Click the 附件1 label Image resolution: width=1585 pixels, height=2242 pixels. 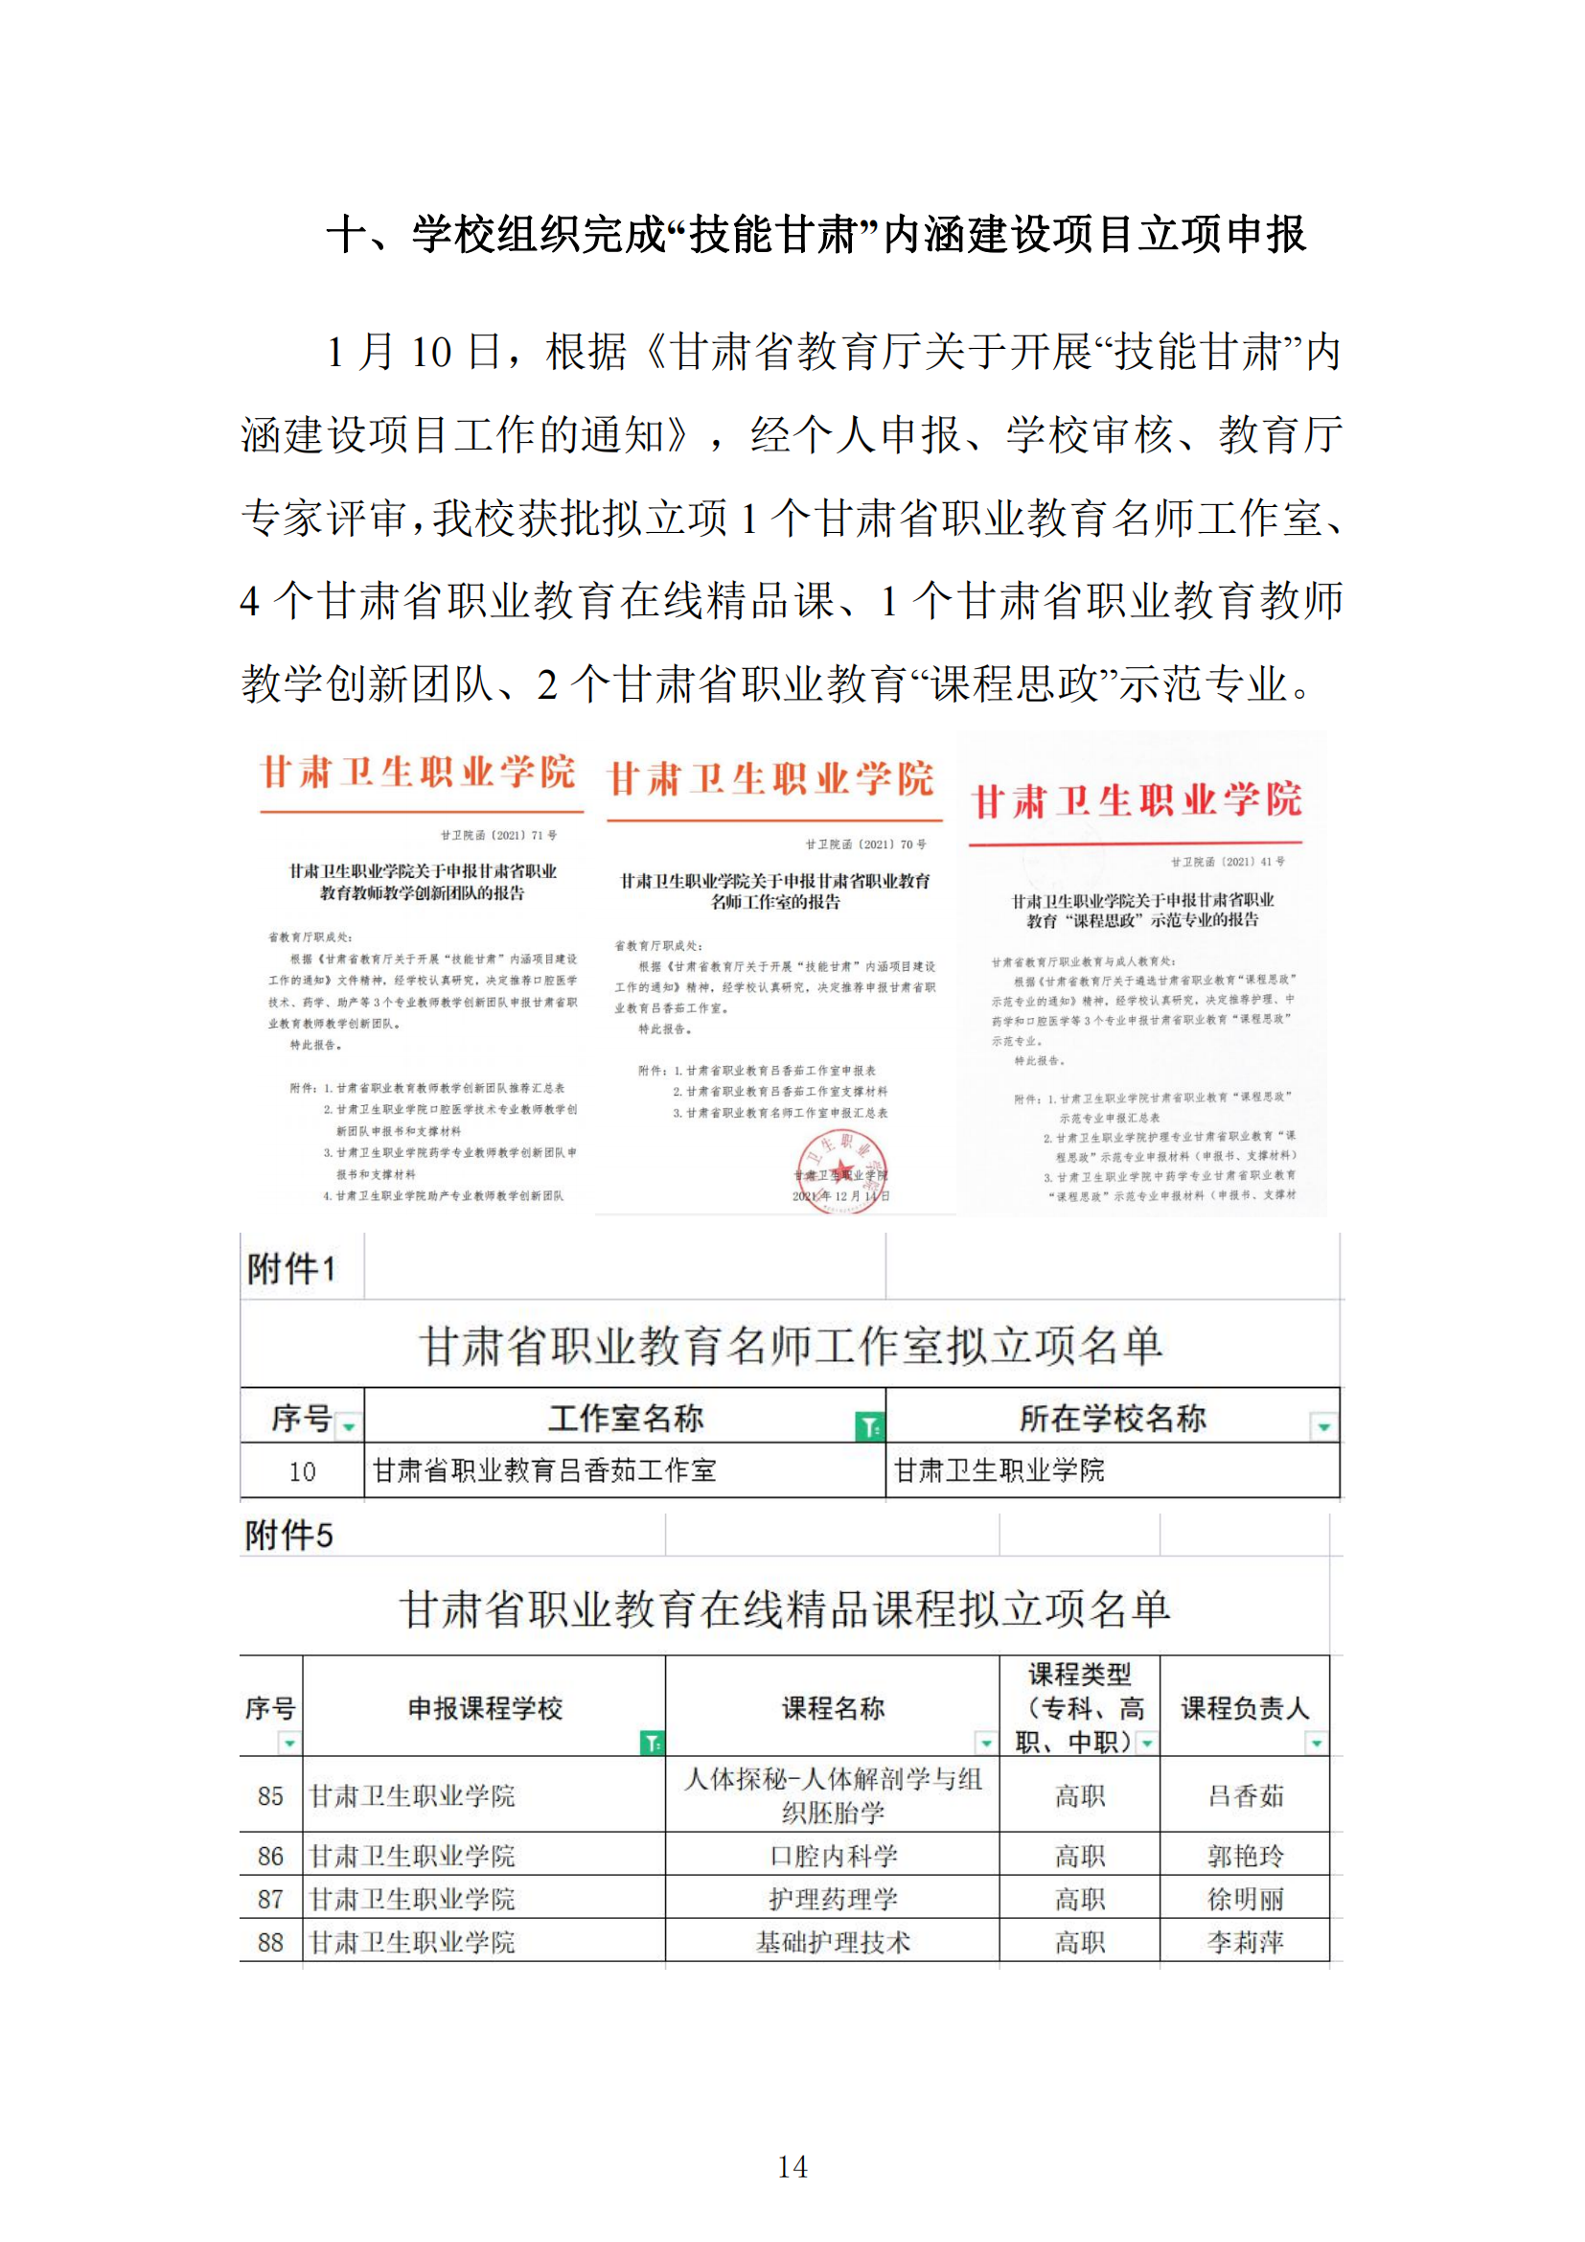click(x=291, y=1269)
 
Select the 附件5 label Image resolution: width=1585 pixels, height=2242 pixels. click(x=288, y=1536)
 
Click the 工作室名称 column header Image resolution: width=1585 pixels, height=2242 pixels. click(x=625, y=1418)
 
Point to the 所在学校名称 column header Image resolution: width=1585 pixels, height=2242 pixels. click(x=1112, y=1418)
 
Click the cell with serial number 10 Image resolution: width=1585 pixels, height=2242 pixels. click(x=303, y=1471)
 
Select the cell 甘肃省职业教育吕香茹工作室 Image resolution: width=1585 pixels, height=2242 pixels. click(x=544, y=1470)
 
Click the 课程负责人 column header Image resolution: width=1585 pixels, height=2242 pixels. click(x=1245, y=1708)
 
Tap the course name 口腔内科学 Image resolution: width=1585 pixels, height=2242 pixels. click(x=833, y=1857)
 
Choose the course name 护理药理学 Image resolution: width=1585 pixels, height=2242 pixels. click(x=833, y=1899)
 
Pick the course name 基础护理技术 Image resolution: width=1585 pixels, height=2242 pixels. click(x=833, y=1942)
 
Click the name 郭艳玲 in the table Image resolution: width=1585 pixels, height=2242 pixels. click(x=1246, y=1857)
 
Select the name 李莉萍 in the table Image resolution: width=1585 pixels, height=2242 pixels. click(x=1246, y=1942)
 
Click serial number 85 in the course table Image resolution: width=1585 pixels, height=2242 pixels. click(x=270, y=1795)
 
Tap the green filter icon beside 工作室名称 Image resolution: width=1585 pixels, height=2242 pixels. click(x=868, y=1426)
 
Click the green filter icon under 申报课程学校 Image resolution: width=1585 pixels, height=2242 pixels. click(x=651, y=1742)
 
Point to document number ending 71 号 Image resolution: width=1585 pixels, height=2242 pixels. click(x=498, y=835)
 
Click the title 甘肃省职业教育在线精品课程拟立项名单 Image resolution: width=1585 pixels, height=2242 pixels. click(x=785, y=1609)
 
